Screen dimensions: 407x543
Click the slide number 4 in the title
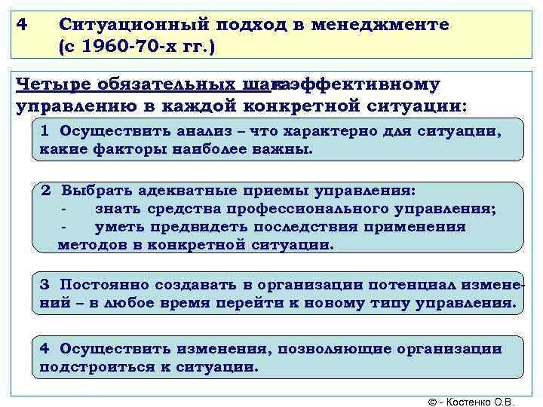[22, 25]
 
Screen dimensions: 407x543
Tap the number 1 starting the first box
[45, 130]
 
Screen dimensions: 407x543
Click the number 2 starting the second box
[46, 190]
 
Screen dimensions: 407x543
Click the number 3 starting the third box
[44, 284]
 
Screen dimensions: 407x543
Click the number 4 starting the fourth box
[44, 349]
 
